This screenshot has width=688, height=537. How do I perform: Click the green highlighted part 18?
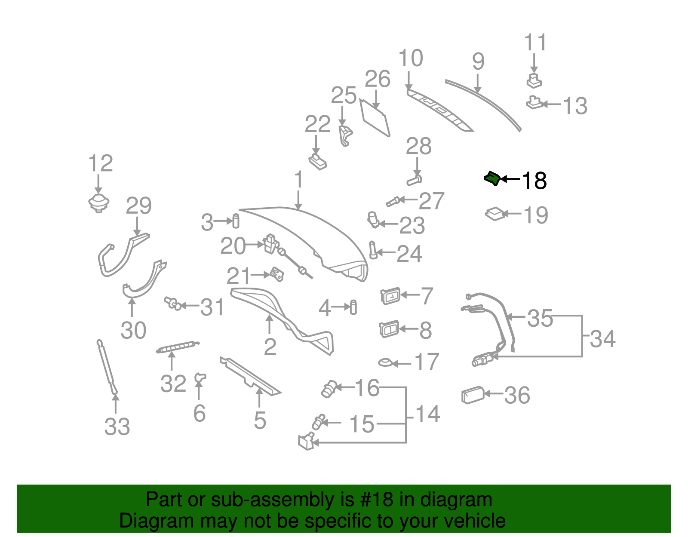tap(492, 178)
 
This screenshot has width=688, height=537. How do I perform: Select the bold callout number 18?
tap(534, 181)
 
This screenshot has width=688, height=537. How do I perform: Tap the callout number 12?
tap(100, 163)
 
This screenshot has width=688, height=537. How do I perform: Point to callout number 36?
tap(517, 395)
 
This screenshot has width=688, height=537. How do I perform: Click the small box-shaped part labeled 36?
tap(473, 395)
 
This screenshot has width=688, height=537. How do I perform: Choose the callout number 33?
tap(117, 427)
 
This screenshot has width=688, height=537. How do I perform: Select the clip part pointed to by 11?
tap(534, 81)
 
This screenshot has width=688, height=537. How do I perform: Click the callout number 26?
tap(378, 79)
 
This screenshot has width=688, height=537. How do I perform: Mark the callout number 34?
tap(603, 339)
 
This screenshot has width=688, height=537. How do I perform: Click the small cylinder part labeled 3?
tap(236, 221)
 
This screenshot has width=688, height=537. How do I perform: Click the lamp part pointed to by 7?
tap(391, 296)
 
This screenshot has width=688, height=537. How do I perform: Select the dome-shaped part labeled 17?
tap(385, 362)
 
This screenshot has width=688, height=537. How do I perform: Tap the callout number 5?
tap(260, 420)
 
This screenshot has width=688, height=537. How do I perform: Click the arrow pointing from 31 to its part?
tap(190, 306)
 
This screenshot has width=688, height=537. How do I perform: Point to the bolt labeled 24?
tap(373, 250)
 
